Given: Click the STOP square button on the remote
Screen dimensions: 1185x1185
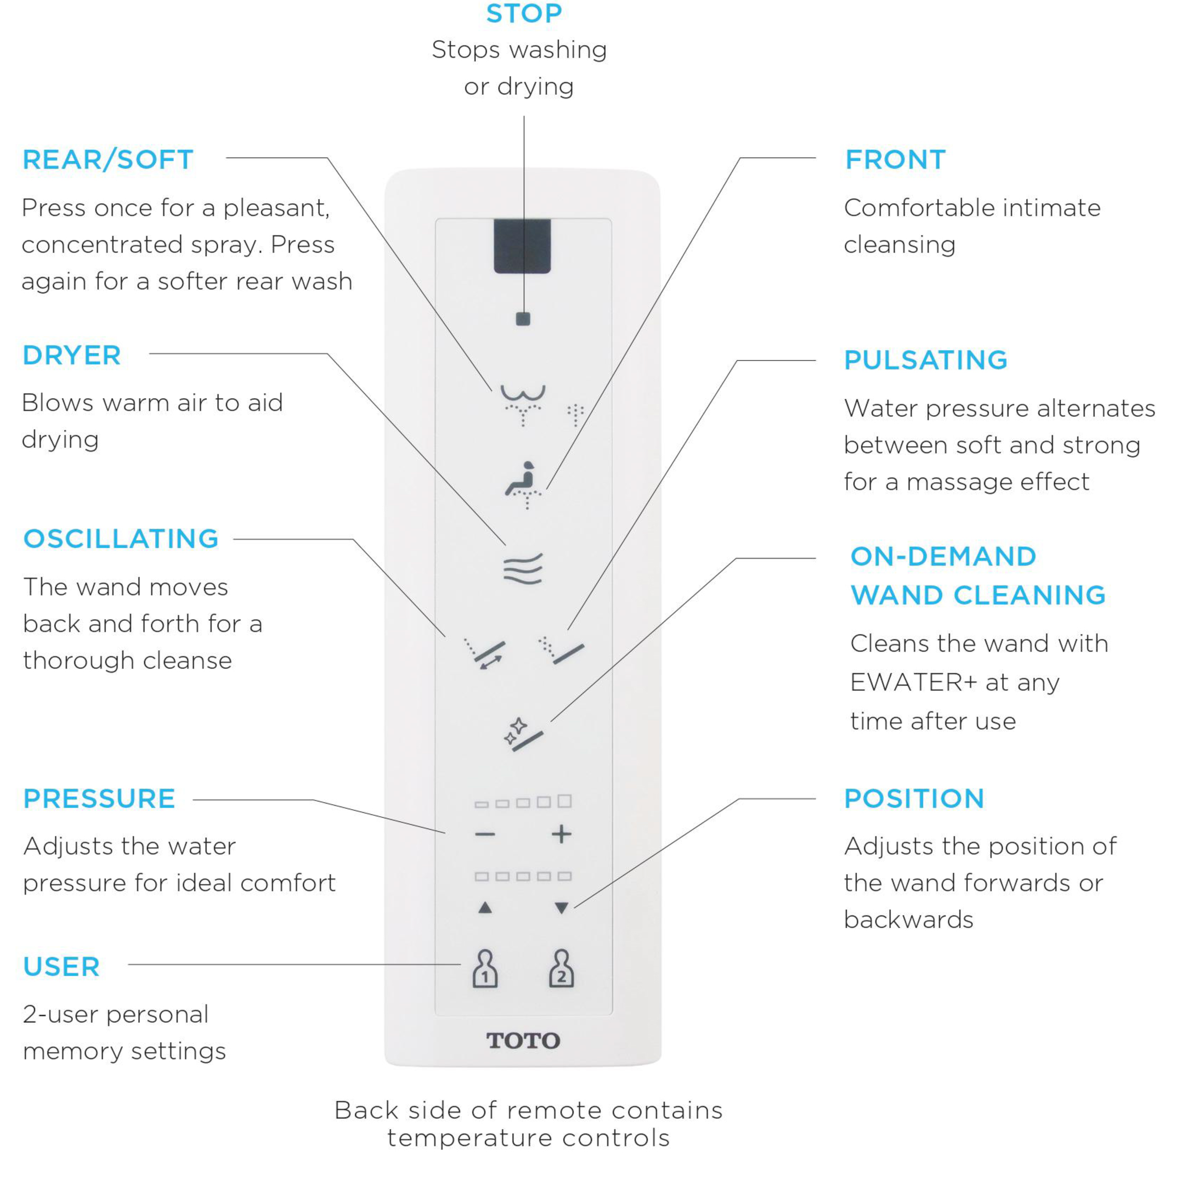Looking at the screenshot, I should (523, 319).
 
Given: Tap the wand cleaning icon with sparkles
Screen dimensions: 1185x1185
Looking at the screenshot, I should (523, 734).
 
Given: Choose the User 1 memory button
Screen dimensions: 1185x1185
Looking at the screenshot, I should (485, 969).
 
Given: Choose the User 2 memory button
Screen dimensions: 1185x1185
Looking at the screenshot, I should (561, 969).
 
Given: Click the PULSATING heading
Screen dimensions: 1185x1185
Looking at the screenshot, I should (925, 360).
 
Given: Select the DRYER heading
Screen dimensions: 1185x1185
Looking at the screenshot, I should (72, 355).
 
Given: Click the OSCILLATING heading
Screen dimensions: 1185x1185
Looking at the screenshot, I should (121, 539).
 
